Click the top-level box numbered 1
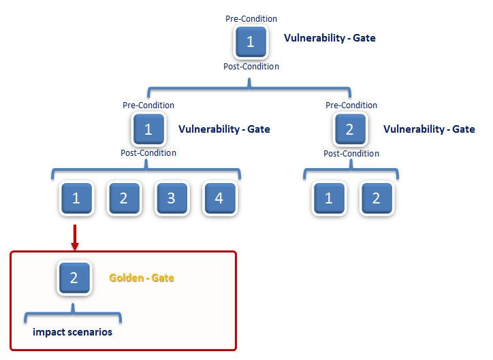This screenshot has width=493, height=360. click(251, 42)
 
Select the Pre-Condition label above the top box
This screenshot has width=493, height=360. click(251, 19)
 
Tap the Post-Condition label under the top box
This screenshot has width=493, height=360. click(251, 66)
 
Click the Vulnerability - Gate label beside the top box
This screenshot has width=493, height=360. click(330, 38)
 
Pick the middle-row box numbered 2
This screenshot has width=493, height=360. click(350, 129)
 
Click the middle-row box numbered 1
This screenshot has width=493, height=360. click(148, 129)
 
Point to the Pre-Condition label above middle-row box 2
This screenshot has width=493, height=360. click(351, 105)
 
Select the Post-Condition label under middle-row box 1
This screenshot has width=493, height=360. click(148, 153)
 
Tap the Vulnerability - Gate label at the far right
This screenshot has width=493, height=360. click(429, 129)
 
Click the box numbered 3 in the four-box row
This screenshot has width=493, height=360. click(172, 198)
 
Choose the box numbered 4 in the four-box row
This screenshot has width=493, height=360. click(220, 198)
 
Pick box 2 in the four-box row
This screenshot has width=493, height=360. click(124, 198)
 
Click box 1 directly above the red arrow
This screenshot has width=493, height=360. click(76, 198)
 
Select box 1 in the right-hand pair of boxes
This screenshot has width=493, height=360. click(329, 198)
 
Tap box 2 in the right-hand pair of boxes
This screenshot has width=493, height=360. click(377, 198)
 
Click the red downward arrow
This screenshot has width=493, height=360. click(75, 238)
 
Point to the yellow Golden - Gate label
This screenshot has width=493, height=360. click(142, 278)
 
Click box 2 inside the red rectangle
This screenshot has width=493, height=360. click(74, 278)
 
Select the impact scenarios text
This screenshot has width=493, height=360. click(72, 332)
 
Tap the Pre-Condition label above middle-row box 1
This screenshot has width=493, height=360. click(148, 105)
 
